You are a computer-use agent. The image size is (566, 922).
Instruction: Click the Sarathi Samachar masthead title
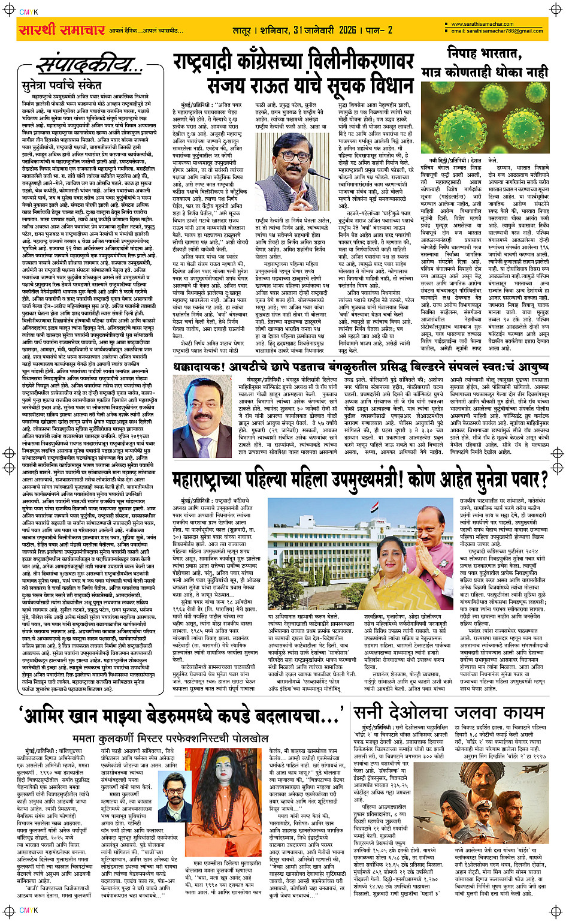coord(62,29)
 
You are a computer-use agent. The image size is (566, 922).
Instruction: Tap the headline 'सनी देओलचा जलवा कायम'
coord(448,712)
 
